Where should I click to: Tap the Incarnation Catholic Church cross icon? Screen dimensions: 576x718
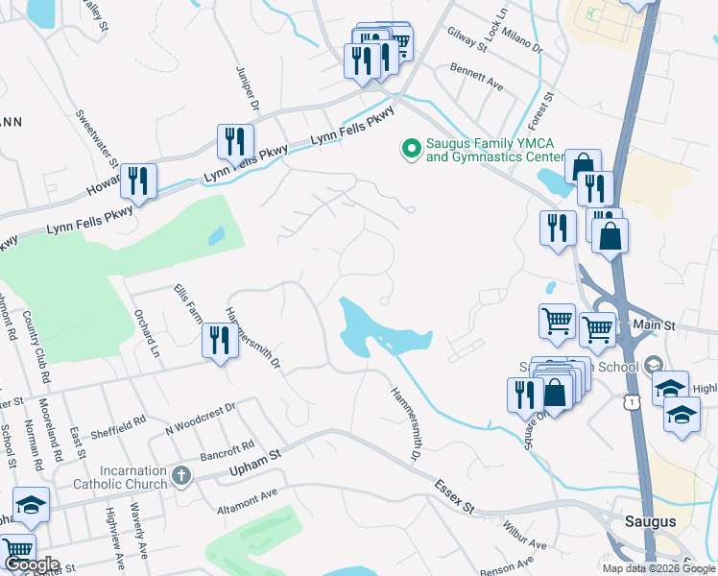(x=182, y=474)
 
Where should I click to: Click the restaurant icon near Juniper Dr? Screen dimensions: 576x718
(x=235, y=141)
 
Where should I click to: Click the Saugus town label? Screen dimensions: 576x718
(x=650, y=521)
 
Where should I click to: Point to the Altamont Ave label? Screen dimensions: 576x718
(x=247, y=496)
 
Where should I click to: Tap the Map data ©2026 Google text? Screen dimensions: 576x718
(x=658, y=568)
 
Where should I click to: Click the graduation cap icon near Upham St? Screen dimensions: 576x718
(x=31, y=505)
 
